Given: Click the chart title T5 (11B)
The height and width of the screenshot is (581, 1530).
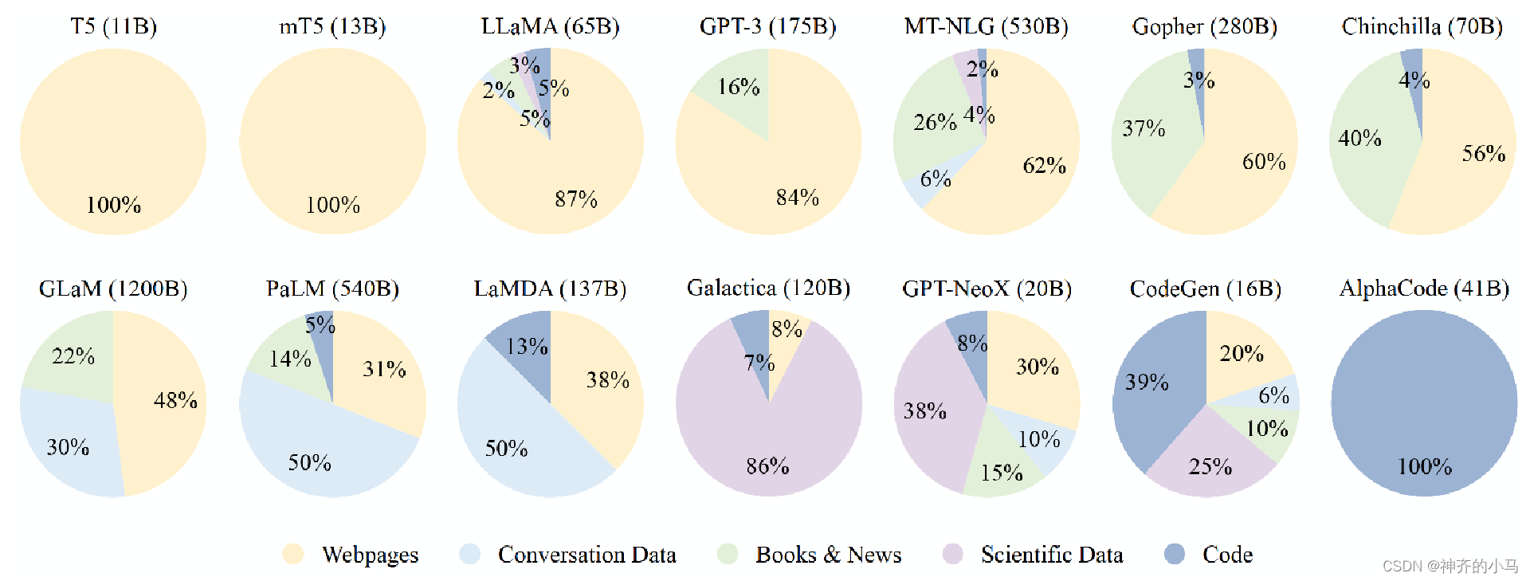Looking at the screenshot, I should pos(113,26).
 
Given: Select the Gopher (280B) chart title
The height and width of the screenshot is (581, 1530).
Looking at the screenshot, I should pos(1204,26).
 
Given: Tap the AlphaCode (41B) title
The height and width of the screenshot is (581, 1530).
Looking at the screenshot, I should pos(1424,288).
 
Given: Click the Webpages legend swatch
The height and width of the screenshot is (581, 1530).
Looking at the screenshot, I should pos(293,554).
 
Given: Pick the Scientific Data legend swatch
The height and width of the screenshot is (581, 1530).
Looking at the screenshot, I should pos(952,554).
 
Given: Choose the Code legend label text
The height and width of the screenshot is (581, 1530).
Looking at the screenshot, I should pos(1227,554).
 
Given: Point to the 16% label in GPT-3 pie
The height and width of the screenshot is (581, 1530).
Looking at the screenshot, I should pos(738,86).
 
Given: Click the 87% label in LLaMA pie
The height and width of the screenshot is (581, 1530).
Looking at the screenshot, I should pos(575,198).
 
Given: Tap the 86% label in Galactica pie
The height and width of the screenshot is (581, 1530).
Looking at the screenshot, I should pos(767,465).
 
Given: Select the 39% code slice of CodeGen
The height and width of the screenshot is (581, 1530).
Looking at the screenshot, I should pos(1155,398).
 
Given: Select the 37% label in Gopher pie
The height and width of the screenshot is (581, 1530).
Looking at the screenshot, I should pos(1144,128).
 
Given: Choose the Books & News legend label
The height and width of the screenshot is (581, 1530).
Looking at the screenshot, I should pos(828,554).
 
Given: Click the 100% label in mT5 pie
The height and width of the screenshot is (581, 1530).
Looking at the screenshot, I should pos(332,205).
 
